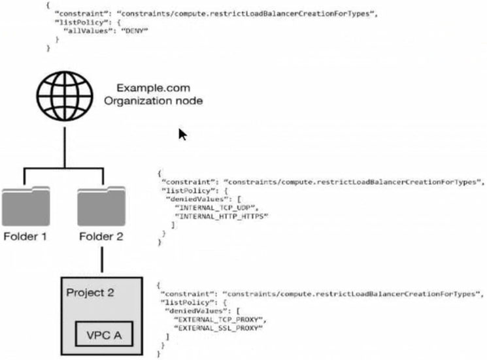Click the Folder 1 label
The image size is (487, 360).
24,236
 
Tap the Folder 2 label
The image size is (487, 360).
101,236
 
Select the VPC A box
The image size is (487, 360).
105,335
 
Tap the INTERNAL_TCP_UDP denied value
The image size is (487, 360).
209,206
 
